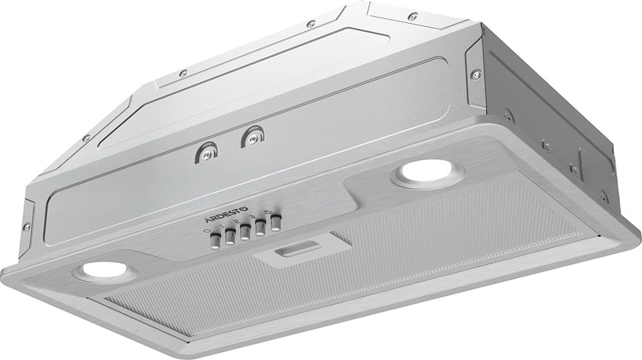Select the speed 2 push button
point(245,232)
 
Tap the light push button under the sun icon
point(276,222)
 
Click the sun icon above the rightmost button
point(269,212)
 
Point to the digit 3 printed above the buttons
point(254,217)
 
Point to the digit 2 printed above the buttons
point(238,222)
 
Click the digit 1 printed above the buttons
point(222,227)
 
